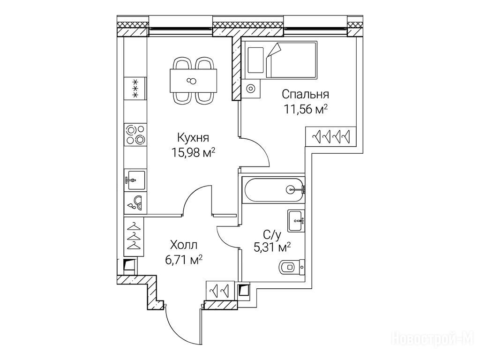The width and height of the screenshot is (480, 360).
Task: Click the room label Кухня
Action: pos(193,138)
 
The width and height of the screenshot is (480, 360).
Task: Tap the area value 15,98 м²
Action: pos(193,152)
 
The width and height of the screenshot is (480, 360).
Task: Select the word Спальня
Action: pos(305,94)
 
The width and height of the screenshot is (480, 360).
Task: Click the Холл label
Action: pos(184,245)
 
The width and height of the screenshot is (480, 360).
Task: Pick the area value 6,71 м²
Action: pos(184,260)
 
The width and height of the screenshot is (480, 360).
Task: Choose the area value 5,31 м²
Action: pos(272,247)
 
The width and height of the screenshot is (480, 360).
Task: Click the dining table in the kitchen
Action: pos(194,81)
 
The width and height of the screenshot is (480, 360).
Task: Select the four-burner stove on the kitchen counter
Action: pos(135,135)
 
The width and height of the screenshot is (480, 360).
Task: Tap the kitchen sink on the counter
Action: pos(135,180)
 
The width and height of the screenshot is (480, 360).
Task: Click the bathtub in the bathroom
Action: pos(273,190)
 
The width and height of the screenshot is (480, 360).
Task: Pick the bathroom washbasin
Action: pos(296,220)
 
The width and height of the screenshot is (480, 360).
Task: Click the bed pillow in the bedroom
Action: pos(255,60)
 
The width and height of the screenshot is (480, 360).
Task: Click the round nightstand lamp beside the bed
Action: pos(251,89)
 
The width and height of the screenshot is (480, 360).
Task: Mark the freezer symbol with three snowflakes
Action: pos(135,88)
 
